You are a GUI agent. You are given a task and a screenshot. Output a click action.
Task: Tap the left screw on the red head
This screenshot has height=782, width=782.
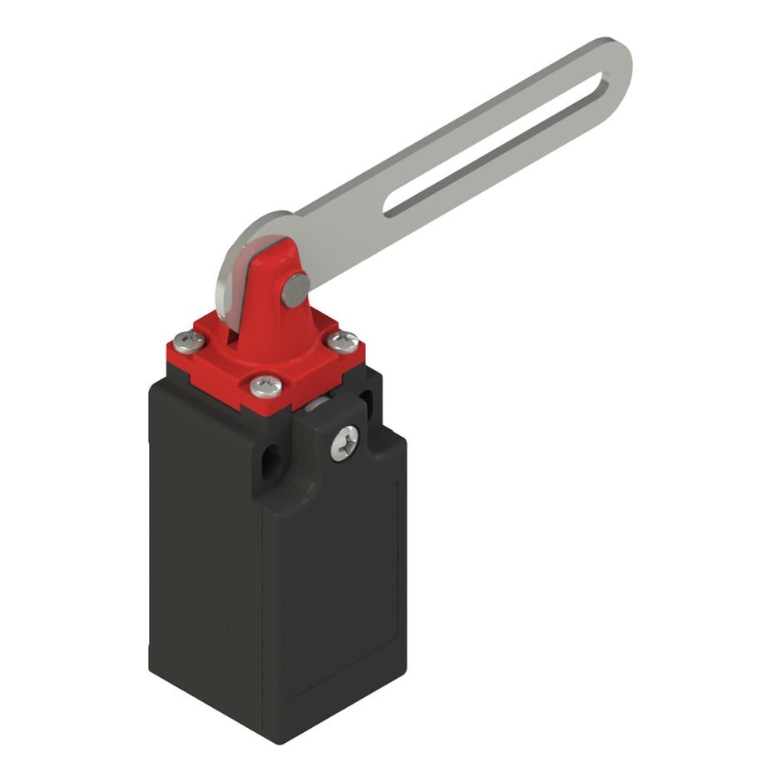pos(188,339)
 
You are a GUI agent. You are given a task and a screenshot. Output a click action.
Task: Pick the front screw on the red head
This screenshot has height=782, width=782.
pos(265,384)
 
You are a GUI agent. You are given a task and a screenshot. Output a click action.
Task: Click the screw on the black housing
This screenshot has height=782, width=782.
pos(344,443)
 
